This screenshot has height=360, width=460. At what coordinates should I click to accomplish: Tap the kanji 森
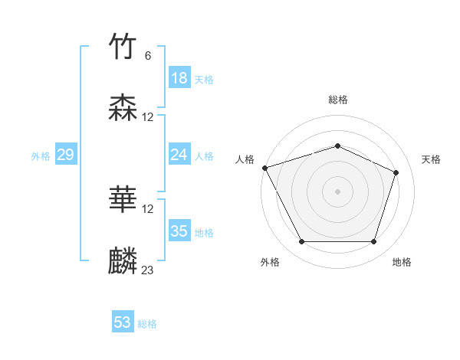pos(123,108)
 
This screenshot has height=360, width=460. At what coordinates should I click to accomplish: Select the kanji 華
pos(123,200)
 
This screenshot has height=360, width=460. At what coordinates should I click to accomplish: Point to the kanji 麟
pos(123,260)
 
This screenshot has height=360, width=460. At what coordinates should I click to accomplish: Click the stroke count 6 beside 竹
pos(148,56)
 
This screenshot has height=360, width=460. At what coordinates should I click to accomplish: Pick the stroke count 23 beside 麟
pos(148,270)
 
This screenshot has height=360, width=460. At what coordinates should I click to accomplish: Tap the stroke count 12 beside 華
pos(148,208)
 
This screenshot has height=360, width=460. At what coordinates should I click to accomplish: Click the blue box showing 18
pos(179,78)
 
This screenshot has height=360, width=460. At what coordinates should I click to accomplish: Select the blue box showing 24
pos(179,155)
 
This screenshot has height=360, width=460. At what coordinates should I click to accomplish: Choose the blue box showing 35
pos(179,231)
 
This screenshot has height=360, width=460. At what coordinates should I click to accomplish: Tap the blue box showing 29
pos(65,155)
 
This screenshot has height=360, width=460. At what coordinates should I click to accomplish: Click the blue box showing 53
pos(123,322)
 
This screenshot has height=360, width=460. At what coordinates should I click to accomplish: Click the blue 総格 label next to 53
pos(147,324)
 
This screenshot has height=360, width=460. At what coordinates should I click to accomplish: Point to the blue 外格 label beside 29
pos(41,156)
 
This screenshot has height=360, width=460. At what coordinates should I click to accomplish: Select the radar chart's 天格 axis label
pos(431,159)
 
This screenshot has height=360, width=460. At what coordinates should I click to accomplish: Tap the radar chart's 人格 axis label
pos(245,159)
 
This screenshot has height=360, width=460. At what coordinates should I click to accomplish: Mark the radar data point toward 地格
pos(373,242)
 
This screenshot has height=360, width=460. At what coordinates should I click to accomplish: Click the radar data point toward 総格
pos(337,146)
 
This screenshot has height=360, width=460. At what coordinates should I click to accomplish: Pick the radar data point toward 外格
pos(301,242)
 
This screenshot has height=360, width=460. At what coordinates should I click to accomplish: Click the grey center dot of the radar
pos(337,191)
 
